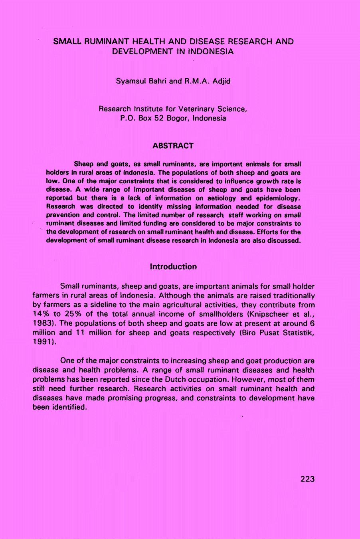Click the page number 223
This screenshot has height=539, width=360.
[x=307, y=479]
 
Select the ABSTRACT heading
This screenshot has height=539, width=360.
[x=173, y=146]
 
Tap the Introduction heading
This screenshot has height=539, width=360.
[x=173, y=267]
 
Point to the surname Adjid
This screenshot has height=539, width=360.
[x=221, y=81]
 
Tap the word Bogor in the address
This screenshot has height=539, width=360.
[x=178, y=119]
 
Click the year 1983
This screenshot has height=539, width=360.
[x=42, y=323]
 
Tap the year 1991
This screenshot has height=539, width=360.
[x=42, y=342]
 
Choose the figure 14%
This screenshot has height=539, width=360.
[x=40, y=314]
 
